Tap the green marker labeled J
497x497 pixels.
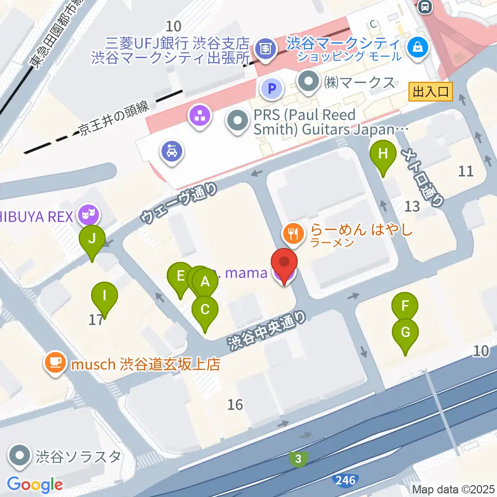pos(92,240)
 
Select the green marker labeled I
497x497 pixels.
pos(105,297)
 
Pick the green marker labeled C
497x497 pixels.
pos(205,311)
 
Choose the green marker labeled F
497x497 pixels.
pos(405,306)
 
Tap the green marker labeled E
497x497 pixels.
pos(180,276)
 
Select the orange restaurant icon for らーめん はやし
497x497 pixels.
pos(294,233)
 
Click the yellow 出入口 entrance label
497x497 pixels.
pos(431,92)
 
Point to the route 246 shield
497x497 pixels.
pos(345,481)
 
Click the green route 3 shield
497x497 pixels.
pos(298,458)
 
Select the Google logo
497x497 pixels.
pos(35,485)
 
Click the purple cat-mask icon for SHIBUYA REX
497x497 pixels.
pos(87,214)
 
